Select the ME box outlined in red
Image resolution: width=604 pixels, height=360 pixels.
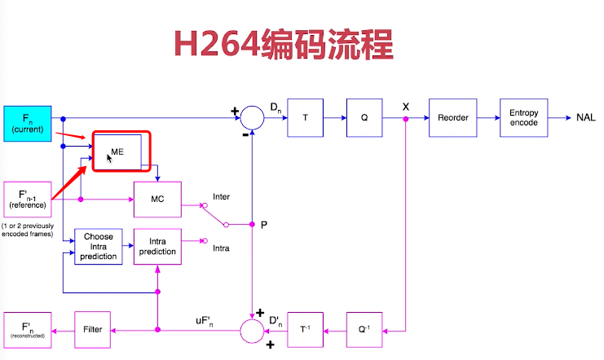tap(121, 151)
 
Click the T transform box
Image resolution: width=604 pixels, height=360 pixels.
tap(305, 117)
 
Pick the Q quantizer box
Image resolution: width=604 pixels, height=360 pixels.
tap(364, 117)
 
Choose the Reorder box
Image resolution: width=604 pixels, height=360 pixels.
tap(452, 117)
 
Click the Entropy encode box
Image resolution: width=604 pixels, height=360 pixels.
tap(524, 117)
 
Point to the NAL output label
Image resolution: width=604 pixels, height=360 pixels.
tap(585, 117)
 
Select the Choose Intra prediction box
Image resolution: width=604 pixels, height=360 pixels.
tap(98, 247)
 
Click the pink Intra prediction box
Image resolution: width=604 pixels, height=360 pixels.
tap(157, 247)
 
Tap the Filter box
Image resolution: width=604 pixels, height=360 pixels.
tap(92, 329)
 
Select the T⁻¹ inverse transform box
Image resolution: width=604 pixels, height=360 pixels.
tap(306, 329)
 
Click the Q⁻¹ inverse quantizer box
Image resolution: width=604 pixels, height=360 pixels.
tap(364, 329)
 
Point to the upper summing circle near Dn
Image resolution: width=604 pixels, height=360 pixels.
tap(253, 117)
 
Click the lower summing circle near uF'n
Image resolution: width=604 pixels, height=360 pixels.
tap(253, 330)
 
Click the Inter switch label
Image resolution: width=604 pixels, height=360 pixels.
tap(222, 197)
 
